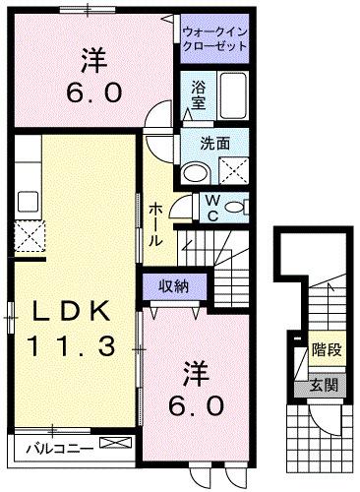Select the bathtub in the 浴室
233,96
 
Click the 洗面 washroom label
215,143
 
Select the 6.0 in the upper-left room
94,93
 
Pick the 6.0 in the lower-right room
202,403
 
